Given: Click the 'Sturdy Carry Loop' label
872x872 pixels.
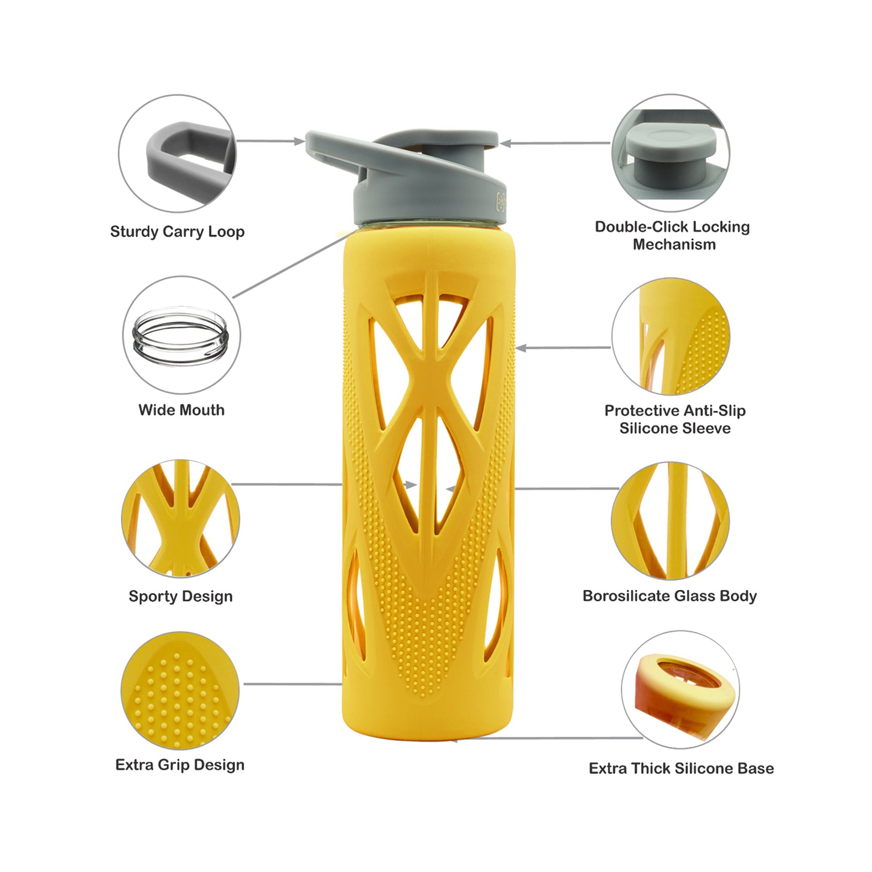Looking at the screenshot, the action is pos(177,232).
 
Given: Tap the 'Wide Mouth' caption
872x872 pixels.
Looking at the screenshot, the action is pos(181,410).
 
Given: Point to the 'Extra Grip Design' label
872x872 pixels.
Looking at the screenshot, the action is pos(180,765).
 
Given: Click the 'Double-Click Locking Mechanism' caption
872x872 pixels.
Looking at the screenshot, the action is pos(672,235).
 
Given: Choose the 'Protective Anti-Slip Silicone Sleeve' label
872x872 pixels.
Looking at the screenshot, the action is pos(675,419).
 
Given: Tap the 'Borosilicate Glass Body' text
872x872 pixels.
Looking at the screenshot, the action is pos(670,596).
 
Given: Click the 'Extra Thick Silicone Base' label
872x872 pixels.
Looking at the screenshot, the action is pos(681,769).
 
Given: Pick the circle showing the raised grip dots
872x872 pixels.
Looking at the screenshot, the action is pos(180,691).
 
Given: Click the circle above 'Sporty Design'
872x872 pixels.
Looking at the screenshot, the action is pos(180,518).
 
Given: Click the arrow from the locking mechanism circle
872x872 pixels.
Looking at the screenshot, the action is pos(555,143).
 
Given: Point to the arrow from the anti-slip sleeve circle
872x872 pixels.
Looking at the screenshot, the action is pos(563,348).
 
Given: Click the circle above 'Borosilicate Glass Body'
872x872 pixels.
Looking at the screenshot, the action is pos(670,521).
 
